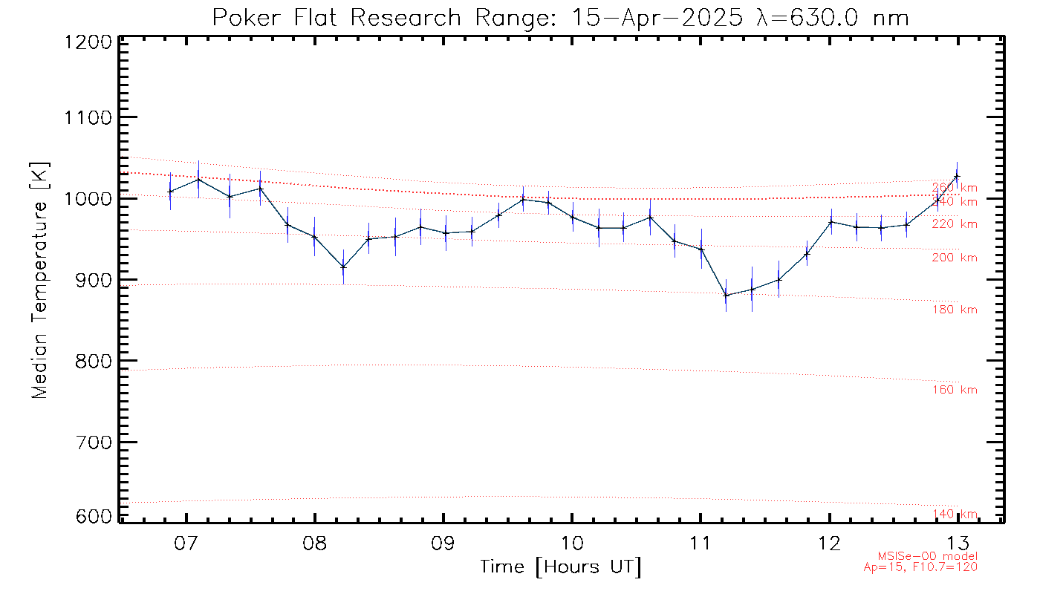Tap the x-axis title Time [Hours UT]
[x=561, y=567]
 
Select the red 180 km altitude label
[x=955, y=310]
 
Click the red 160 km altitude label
[x=955, y=390]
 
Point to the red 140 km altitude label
[x=955, y=514]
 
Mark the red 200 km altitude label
[x=955, y=258]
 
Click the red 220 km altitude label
[x=955, y=224]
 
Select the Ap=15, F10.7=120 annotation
[x=920, y=567]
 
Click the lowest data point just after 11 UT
[x=726, y=296]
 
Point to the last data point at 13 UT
[x=957, y=176]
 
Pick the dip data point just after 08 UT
[x=343, y=267]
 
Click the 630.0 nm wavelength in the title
[x=832, y=17]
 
